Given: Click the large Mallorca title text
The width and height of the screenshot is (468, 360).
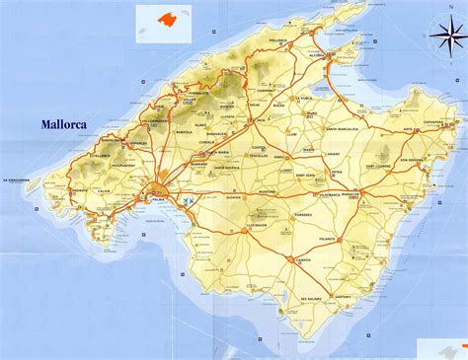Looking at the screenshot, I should [73, 125].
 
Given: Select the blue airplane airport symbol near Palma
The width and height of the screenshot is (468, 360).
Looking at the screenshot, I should [188, 201].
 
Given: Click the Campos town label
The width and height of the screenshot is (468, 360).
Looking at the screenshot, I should [305, 259].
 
